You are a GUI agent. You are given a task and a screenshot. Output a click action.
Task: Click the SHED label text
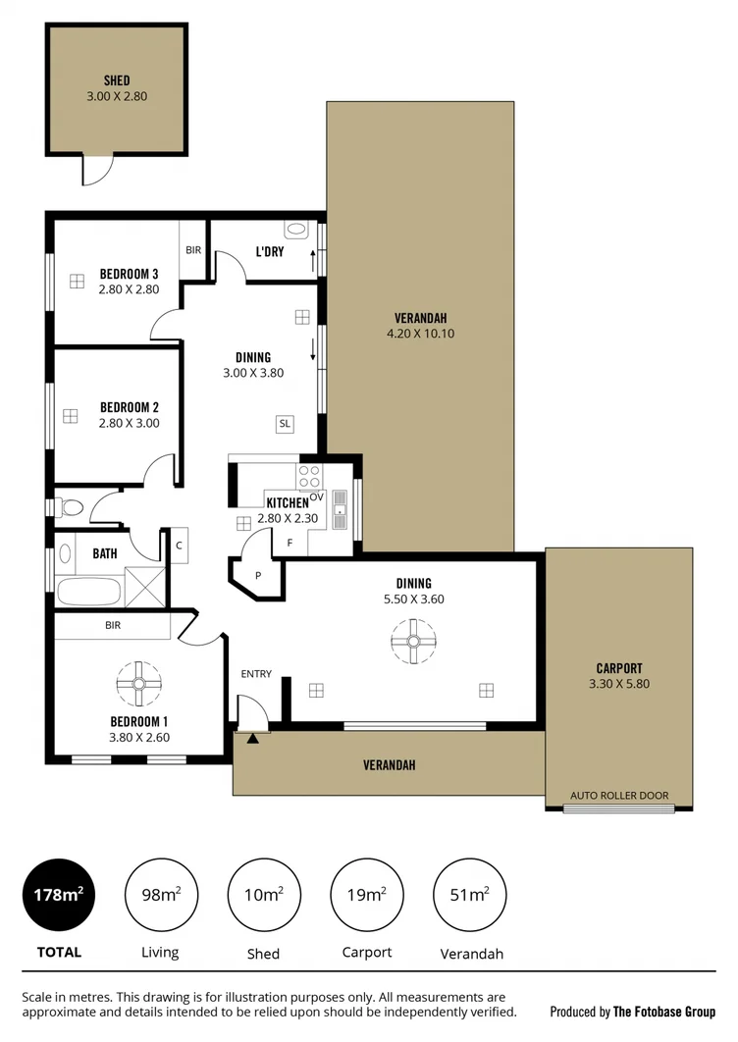[117, 80]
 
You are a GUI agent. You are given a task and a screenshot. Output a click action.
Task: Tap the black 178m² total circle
[59, 895]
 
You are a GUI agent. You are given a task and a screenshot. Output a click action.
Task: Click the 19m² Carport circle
[366, 895]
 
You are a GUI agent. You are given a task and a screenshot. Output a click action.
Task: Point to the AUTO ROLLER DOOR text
[619, 795]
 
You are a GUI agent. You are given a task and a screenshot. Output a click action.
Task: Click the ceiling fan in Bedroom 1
[138, 684]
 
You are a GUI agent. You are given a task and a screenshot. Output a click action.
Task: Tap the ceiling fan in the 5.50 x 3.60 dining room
[412, 644]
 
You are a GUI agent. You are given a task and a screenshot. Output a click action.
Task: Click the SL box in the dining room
[285, 424]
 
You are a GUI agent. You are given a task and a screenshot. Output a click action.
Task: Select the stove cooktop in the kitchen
[309, 477]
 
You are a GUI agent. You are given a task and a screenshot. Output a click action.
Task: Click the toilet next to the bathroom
[70, 508]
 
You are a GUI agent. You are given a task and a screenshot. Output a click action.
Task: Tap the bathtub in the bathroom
[88, 592]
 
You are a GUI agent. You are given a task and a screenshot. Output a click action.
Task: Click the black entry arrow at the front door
[253, 738]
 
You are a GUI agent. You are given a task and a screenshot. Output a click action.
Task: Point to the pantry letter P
[257, 576]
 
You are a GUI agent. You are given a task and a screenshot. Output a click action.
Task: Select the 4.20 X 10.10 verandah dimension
[420, 334]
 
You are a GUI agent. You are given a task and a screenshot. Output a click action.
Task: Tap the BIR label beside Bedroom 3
[192, 250]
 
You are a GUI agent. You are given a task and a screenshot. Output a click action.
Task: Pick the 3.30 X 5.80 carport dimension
[619, 684]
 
